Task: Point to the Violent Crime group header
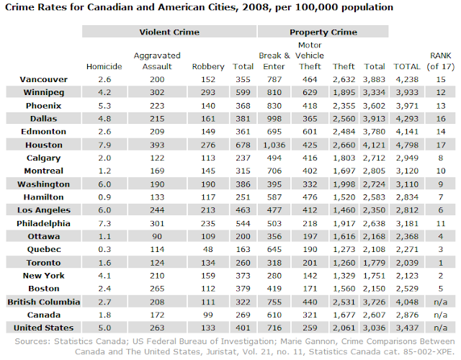click(169, 32)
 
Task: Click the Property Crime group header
click(323, 32)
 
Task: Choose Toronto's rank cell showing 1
click(439, 264)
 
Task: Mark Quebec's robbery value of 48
click(207, 250)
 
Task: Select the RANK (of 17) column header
click(439, 61)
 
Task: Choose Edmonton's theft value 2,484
click(344, 132)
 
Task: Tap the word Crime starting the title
click(25, 8)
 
